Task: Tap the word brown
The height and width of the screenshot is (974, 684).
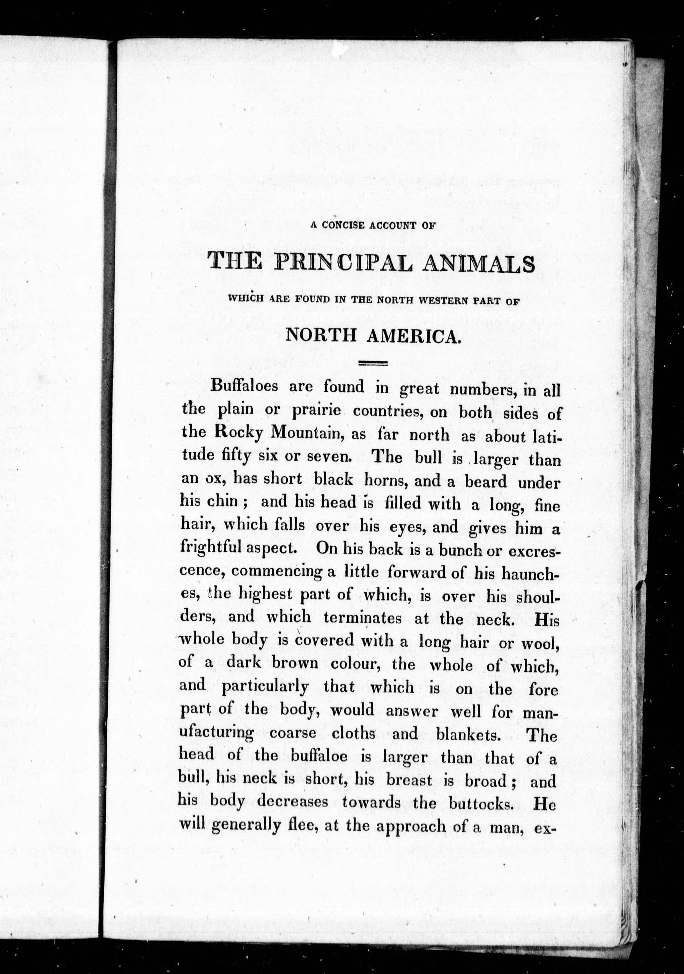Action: [x=295, y=663]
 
